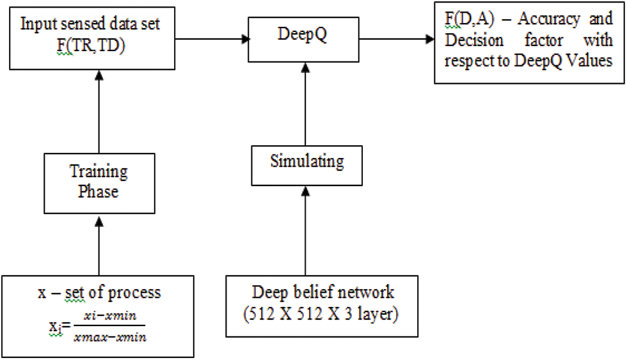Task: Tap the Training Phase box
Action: click(98, 182)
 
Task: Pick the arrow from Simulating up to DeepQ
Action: click(306, 102)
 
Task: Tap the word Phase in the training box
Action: click(98, 192)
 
